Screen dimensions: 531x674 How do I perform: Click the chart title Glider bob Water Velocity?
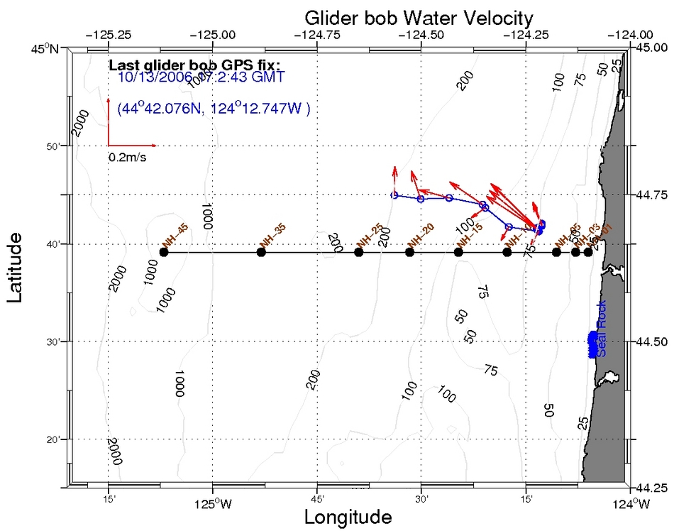419,17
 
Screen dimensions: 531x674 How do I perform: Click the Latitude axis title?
19,269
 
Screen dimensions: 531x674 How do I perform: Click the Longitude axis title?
348,517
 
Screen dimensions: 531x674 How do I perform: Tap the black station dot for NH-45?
164,252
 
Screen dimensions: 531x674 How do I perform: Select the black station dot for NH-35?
261,252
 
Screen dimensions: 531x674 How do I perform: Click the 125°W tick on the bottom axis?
212,505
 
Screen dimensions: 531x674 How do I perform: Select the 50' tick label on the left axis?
53,146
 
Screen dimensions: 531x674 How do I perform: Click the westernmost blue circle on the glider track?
394,195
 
